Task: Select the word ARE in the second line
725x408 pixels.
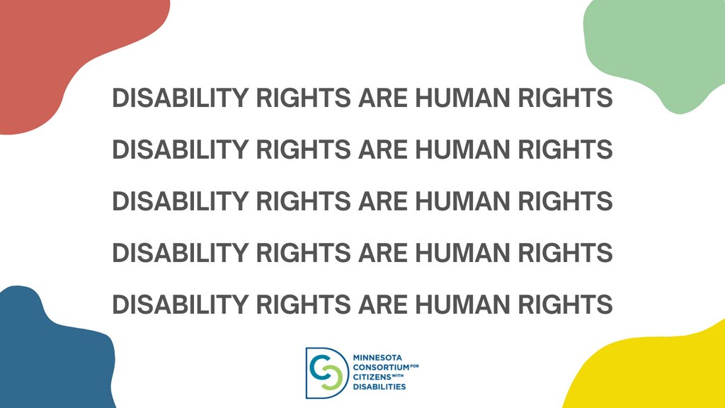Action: point(382,149)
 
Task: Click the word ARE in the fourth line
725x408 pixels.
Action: point(382,253)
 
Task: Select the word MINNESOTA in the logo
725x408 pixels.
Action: point(379,358)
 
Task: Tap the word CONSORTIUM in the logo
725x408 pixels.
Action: point(381,368)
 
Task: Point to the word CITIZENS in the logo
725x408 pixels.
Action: point(372,378)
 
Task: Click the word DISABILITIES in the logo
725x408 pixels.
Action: point(379,387)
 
